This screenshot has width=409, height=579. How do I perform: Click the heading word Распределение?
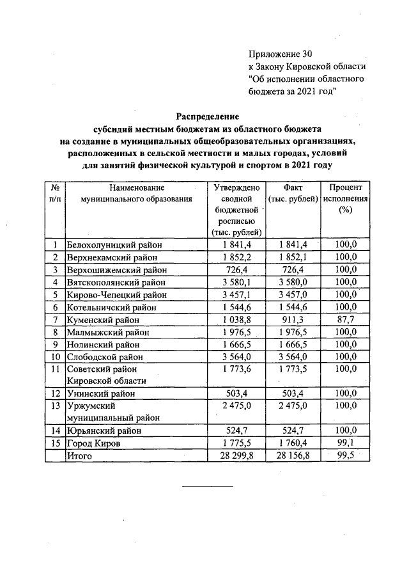tap(208, 117)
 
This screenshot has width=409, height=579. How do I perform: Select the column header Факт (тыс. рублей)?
tap(291, 193)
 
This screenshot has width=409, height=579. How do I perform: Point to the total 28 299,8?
tap(235, 456)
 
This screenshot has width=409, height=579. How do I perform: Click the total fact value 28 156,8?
tap(291, 456)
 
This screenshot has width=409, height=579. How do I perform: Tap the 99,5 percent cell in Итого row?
tap(346, 456)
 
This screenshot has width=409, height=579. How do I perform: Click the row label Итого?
tap(80, 456)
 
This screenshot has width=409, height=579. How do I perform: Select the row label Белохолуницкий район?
tap(115, 244)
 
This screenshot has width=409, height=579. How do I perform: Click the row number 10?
tap(56, 356)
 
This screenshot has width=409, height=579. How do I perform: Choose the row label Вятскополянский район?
tap(117, 282)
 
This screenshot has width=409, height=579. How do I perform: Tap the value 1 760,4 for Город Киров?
tap(291, 443)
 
